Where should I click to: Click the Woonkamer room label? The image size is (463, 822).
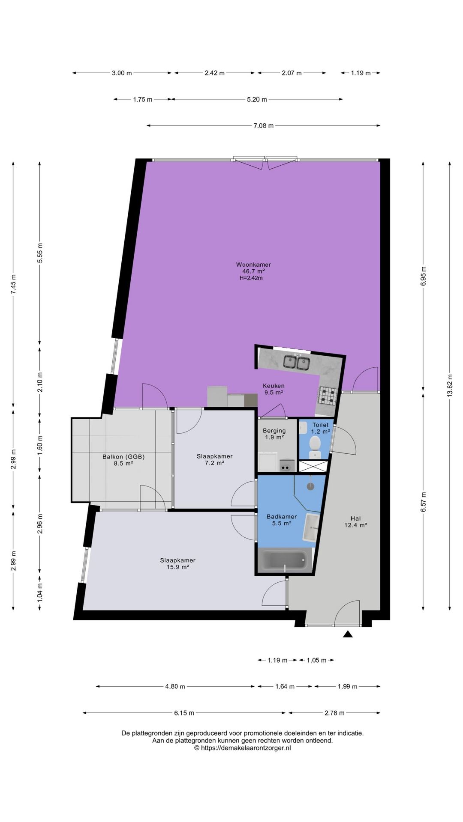click(253, 265)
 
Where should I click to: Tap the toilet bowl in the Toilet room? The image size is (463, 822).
click(315, 444)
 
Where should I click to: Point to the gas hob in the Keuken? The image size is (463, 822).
click(328, 396)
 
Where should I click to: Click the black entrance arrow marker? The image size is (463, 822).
click(348, 634)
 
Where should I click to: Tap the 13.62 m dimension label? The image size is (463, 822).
click(450, 386)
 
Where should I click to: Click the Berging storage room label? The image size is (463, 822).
click(274, 431)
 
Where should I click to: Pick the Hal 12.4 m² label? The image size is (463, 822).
click(356, 522)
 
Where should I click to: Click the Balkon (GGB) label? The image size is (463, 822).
click(123, 457)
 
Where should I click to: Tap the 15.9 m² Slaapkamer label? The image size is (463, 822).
click(178, 563)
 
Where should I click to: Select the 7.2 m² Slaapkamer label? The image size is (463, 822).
click(215, 459)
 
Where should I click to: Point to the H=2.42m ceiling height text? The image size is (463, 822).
click(251, 278)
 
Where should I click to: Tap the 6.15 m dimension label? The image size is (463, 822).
click(184, 713)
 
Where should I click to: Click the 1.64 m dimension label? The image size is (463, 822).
click(285, 686)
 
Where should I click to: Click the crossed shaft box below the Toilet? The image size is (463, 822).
click(314, 466)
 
